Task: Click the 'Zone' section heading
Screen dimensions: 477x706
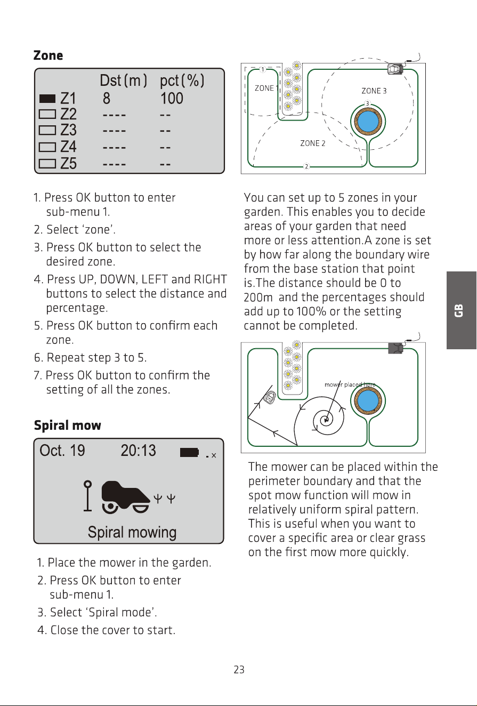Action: click(x=48, y=55)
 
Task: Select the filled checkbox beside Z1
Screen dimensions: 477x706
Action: click(x=47, y=99)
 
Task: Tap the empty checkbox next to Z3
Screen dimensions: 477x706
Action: click(x=47, y=130)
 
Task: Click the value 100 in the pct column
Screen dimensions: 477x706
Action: click(x=172, y=98)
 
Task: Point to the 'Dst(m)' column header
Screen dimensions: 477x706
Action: click(x=123, y=81)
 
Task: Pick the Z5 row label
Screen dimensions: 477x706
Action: click(x=68, y=164)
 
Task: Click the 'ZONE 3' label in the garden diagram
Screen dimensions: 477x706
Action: click(x=374, y=91)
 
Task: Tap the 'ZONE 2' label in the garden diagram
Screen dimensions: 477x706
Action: click(x=312, y=143)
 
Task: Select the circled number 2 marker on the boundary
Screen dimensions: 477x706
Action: click(x=306, y=166)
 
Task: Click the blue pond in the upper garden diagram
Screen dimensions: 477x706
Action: click(x=368, y=122)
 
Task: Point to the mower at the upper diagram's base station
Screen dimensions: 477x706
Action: click(x=395, y=69)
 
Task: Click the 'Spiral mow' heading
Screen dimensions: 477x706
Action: click(x=68, y=426)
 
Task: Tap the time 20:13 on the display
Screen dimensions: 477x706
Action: click(x=139, y=451)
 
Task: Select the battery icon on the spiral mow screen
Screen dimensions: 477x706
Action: click(x=189, y=452)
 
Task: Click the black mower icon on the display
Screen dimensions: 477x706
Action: click(x=125, y=497)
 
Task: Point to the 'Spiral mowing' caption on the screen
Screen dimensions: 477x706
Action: click(x=132, y=532)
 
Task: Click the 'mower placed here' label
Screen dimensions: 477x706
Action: click(x=350, y=384)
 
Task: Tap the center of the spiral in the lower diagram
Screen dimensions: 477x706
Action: click(x=326, y=420)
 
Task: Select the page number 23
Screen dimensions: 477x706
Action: click(x=239, y=669)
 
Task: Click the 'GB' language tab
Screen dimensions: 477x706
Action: click(x=459, y=310)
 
